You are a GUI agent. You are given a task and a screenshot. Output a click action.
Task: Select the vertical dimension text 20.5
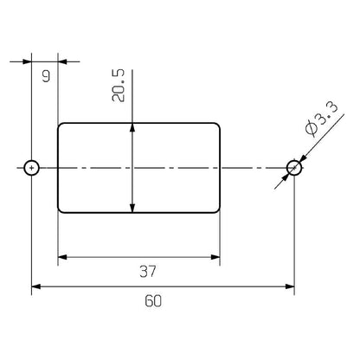[121, 86]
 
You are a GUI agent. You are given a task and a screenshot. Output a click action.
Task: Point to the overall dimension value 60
[154, 302]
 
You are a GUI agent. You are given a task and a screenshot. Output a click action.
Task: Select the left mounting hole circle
[32, 167]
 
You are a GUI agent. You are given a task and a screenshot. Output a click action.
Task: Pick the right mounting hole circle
[295, 167]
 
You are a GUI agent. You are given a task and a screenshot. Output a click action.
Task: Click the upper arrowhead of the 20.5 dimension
[132, 128]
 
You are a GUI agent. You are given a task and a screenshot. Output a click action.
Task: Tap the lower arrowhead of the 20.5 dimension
[132, 207]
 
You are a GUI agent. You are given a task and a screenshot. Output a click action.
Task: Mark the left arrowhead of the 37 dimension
[63, 257]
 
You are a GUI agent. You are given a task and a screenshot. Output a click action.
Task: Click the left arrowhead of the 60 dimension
[37, 286]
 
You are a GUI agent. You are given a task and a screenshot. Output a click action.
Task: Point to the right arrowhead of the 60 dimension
[290, 286]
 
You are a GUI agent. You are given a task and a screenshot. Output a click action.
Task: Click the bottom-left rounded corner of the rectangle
[61, 209]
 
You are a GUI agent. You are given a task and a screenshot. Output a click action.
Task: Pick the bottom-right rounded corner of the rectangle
[216, 209]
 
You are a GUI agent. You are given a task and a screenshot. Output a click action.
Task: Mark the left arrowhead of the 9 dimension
[27, 61]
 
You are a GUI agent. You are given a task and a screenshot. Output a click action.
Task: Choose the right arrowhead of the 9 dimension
[63, 61]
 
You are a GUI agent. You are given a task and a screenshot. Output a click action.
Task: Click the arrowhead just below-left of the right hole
[287, 176]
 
